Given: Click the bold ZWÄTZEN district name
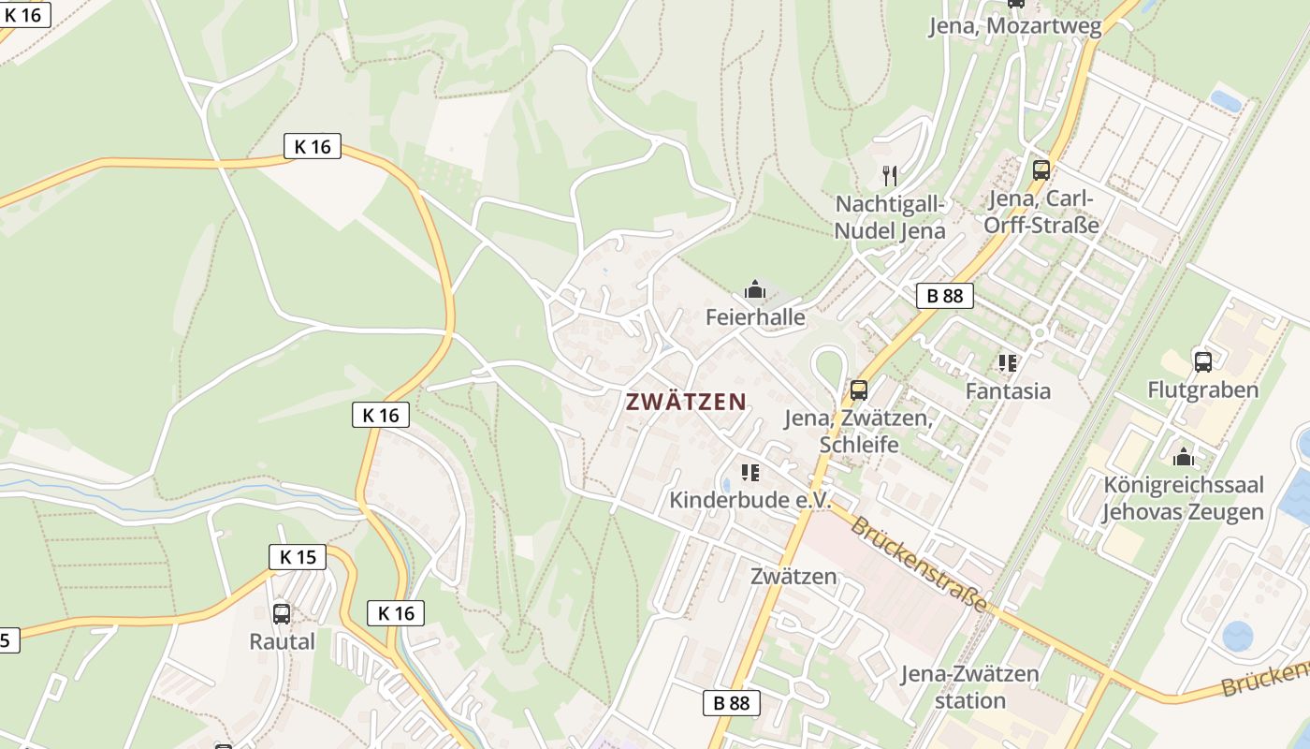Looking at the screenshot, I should tap(686, 403).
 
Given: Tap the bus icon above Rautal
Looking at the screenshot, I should tap(281, 614).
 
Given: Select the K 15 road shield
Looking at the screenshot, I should tap(298, 557).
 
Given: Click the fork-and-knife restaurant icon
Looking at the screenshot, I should tap(890, 175).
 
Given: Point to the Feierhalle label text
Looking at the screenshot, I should tap(755, 317).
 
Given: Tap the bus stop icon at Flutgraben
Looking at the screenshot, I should tap(1203, 361).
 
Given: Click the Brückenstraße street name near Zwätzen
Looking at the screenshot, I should tap(918, 565).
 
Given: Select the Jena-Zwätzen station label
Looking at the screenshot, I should tap(969, 686).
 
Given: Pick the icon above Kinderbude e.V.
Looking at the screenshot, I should tap(750, 473).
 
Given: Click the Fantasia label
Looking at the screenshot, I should tap(1008, 390).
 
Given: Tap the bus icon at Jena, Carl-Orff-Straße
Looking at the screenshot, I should tap(1041, 170).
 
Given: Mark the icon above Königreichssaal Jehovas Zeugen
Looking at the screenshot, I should tap(1184, 457).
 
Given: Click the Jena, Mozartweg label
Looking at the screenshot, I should tap(1015, 26).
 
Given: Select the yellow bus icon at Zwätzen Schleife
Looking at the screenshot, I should tap(858, 390).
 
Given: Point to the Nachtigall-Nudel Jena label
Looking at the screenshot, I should tap(890, 217).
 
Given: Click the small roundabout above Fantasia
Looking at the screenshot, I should tap(1039, 332).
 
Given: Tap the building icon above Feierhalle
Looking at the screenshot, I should tap(755, 290).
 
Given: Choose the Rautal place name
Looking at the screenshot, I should tap(282, 642).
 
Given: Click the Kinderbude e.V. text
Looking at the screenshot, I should tap(750, 500).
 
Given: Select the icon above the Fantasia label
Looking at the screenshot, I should tap(1008, 362).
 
